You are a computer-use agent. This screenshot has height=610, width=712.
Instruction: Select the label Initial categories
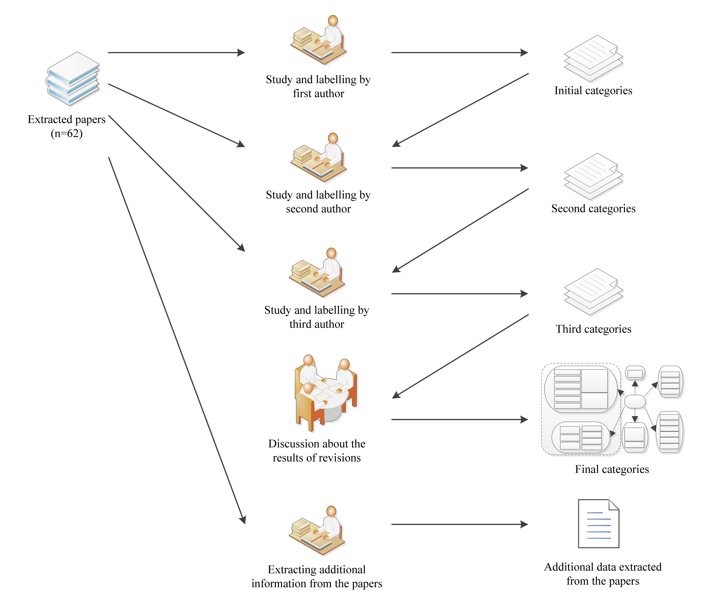click(593, 91)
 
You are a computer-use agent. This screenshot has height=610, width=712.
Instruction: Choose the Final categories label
click(612, 469)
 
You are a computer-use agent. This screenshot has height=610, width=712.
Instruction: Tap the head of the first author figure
click(333, 21)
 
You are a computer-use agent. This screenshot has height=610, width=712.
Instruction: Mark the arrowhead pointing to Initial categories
click(524, 52)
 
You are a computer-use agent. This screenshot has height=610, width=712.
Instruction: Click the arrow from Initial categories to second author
click(461, 110)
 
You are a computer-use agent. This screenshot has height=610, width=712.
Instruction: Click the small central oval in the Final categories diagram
click(634, 402)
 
